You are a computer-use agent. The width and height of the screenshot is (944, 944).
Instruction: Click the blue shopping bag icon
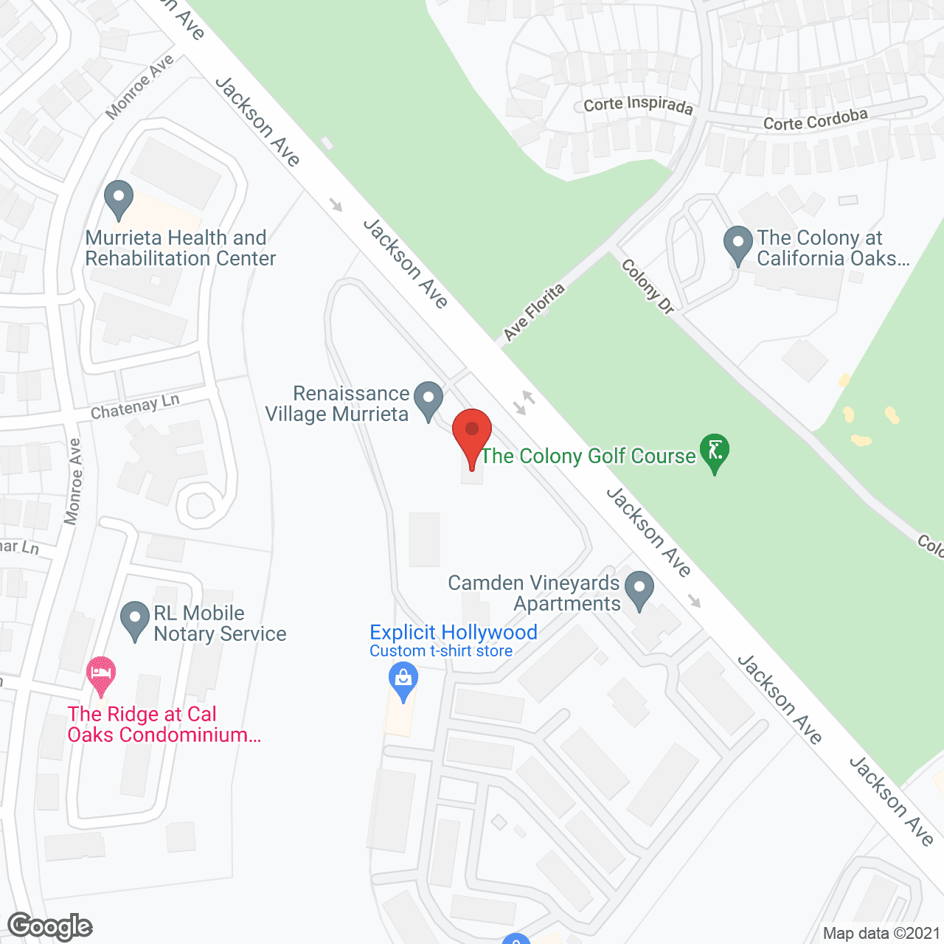pyautogui.click(x=403, y=678)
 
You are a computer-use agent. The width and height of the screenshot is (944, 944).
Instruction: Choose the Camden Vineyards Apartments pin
pyautogui.click(x=639, y=589)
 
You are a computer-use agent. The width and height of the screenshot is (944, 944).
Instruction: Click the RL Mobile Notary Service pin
pyautogui.click(x=134, y=619)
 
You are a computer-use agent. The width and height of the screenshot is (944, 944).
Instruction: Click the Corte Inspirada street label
pyautogui.click(x=638, y=105)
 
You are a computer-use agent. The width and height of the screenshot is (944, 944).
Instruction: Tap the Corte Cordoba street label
pyautogui.click(x=815, y=119)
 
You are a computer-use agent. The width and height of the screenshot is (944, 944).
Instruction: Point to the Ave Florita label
pyautogui.click(x=534, y=312)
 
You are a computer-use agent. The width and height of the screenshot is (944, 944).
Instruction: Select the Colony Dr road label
pyautogui.click(x=648, y=286)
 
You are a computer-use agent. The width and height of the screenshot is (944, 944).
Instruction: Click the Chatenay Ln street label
pyautogui.click(x=135, y=406)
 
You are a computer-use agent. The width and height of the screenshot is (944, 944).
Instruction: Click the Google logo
pyautogui.click(x=50, y=926)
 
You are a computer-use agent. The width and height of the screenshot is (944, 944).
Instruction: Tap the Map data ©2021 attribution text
pyautogui.click(x=881, y=934)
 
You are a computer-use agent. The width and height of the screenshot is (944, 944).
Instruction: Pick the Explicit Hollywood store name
pyautogui.click(x=453, y=632)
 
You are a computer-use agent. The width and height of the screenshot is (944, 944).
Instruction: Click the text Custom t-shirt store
pyautogui.click(x=441, y=651)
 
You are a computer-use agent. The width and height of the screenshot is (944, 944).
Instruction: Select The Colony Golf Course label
pyautogui.click(x=588, y=457)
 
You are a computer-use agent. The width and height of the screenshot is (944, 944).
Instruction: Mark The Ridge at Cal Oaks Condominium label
pyautogui.click(x=164, y=724)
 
